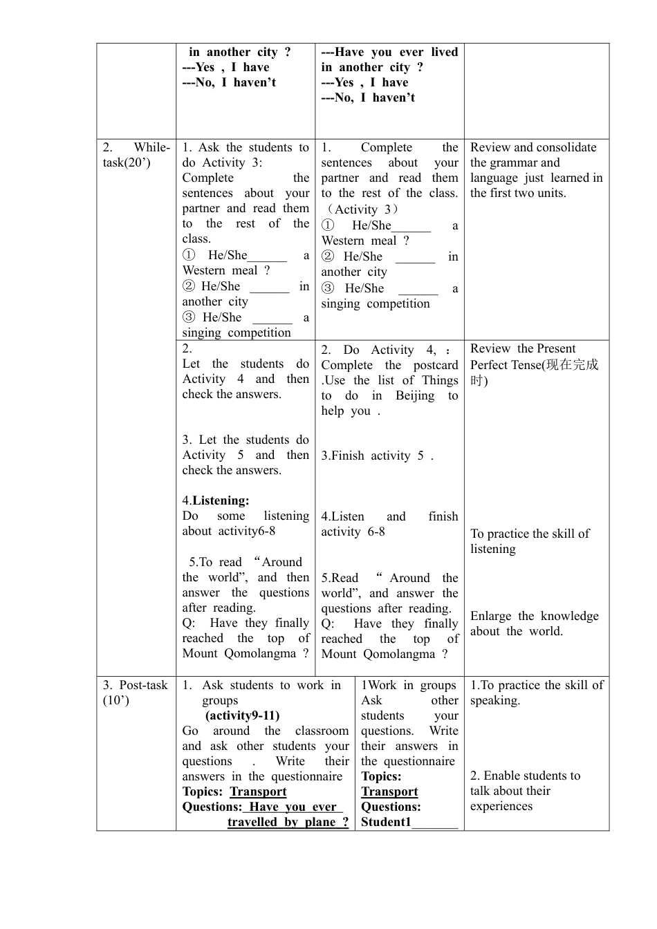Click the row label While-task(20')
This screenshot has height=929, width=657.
[136, 155]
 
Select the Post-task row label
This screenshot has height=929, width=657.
[135, 692]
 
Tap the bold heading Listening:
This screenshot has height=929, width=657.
[221, 500]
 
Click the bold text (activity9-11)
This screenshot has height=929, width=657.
[242, 715]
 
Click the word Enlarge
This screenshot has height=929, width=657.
[490, 616]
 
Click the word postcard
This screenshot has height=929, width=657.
[436, 365]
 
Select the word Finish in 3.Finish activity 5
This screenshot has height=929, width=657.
[348, 456]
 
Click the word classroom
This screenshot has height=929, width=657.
[322, 731]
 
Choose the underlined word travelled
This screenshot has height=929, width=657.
[252, 822]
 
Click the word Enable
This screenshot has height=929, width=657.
[503, 776]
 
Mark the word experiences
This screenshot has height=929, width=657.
[501, 806]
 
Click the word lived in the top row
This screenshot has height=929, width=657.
[444, 52]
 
